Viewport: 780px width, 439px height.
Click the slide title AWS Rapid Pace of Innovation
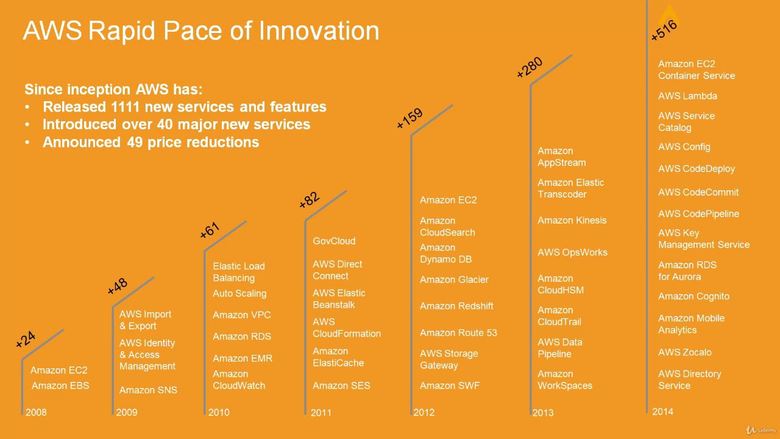[201, 30]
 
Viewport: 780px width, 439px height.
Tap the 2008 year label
[36, 412]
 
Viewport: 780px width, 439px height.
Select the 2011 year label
[321, 413]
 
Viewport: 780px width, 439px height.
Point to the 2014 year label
[662, 412]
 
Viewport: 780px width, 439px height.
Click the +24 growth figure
[26, 340]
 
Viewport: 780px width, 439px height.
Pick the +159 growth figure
[409, 119]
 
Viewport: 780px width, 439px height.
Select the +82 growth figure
[309, 199]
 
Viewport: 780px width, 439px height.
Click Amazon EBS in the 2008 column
[60, 385]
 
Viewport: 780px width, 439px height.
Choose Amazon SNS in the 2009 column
[148, 390]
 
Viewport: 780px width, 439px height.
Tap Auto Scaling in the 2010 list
[239, 293]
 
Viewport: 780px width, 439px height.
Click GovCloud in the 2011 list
[334, 241]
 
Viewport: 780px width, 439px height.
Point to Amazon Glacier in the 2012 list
[454, 279]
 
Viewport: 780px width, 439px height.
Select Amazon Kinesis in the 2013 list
[572, 220]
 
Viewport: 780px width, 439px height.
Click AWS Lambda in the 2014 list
[687, 96]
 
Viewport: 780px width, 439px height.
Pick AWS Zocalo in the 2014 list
[684, 352]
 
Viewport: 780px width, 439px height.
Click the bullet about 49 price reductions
[151, 142]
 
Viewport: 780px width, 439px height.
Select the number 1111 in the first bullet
[126, 107]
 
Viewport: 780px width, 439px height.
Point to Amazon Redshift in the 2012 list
[456, 306]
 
